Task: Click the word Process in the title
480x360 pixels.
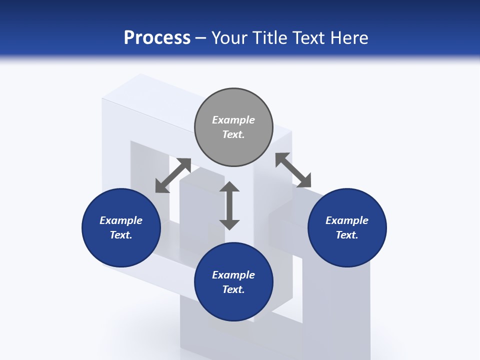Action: click(x=157, y=38)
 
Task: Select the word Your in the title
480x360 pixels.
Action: click(x=230, y=38)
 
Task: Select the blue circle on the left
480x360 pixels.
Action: click(x=121, y=250)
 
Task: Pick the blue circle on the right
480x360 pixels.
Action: click(x=347, y=250)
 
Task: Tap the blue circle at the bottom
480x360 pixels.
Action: click(x=233, y=305)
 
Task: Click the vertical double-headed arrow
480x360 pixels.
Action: click(x=229, y=205)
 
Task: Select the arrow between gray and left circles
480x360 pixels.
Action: click(x=173, y=175)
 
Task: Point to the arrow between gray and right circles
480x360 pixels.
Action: click(x=293, y=170)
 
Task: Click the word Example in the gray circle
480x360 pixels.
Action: click(x=233, y=120)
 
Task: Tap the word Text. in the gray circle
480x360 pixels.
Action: click(x=233, y=134)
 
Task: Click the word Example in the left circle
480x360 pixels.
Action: click(x=121, y=220)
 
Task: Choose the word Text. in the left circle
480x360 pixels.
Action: click(x=121, y=235)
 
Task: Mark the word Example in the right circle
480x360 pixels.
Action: click(x=347, y=220)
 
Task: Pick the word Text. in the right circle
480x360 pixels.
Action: click(x=347, y=235)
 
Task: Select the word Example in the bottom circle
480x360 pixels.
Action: click(x=233, y=275)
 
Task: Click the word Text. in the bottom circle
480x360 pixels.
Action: click(x=233, y=289)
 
